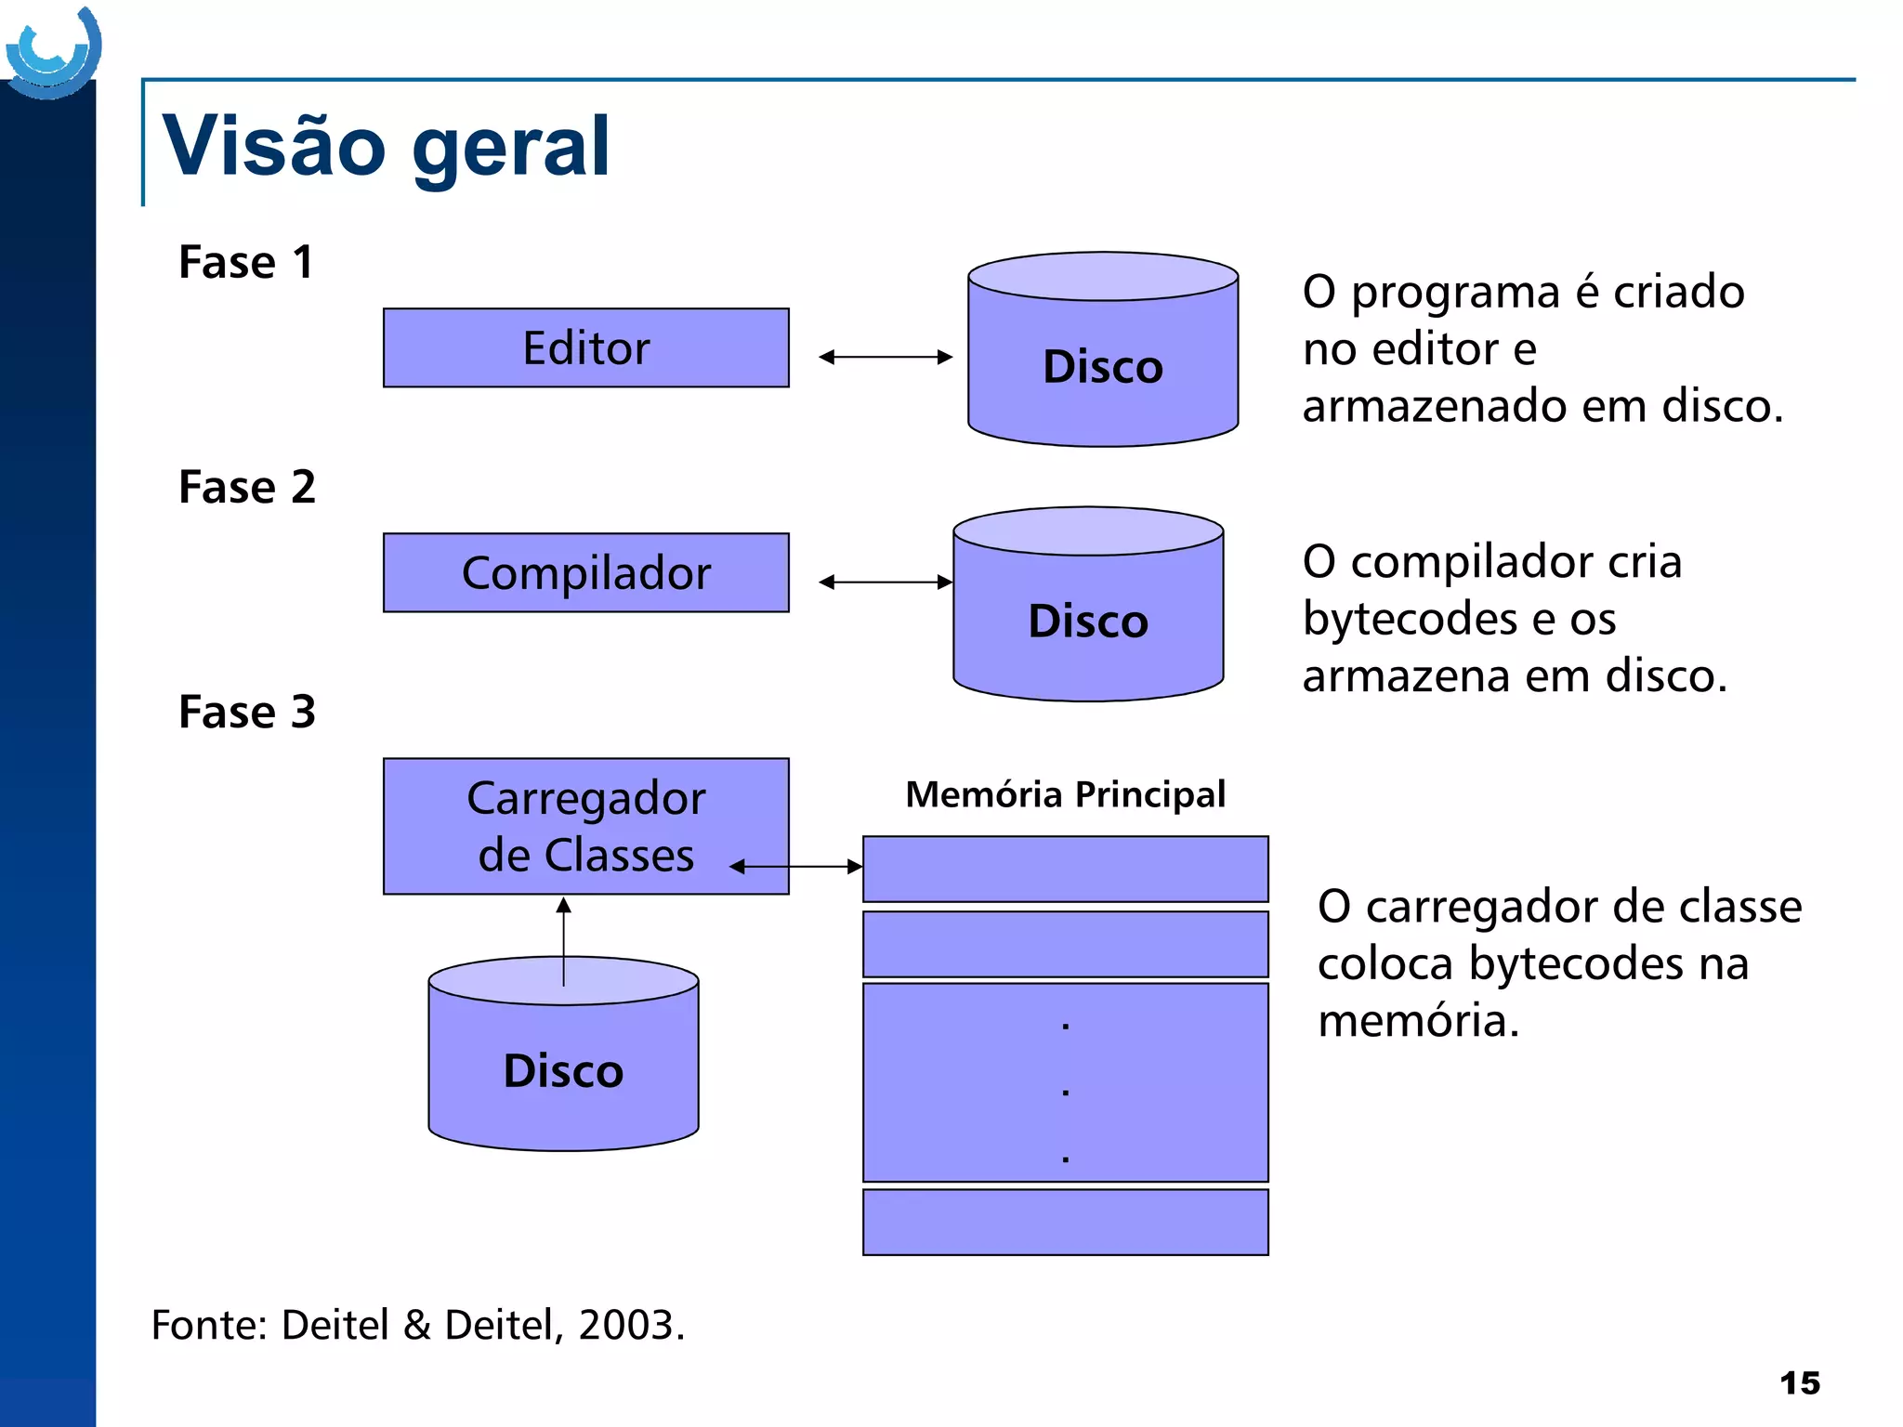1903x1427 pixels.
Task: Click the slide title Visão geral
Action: tap(386, 146)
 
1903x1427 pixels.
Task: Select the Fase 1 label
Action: tap(246, 262)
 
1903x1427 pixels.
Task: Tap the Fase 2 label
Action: tap(247, 487)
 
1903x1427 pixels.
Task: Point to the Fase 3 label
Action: tap(247, 713)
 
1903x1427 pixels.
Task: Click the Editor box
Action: tap(585, 348)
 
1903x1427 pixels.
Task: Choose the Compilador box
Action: tap(585, 573)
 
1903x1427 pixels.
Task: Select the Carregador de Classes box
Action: tap(585, 826)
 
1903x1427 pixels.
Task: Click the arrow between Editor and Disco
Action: tap(886, 357)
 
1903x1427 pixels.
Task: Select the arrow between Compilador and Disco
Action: tap(886, 583)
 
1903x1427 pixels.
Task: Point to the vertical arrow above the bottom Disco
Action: tap(563, 940)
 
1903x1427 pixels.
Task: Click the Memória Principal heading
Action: tap(1065, 795)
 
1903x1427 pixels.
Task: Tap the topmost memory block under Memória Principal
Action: tap(1065, 869)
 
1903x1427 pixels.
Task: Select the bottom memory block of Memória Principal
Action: tap(1065, 1222)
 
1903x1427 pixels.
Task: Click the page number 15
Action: tap(1799, 1383)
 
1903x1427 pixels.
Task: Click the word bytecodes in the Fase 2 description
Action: tap(1411, 620)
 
